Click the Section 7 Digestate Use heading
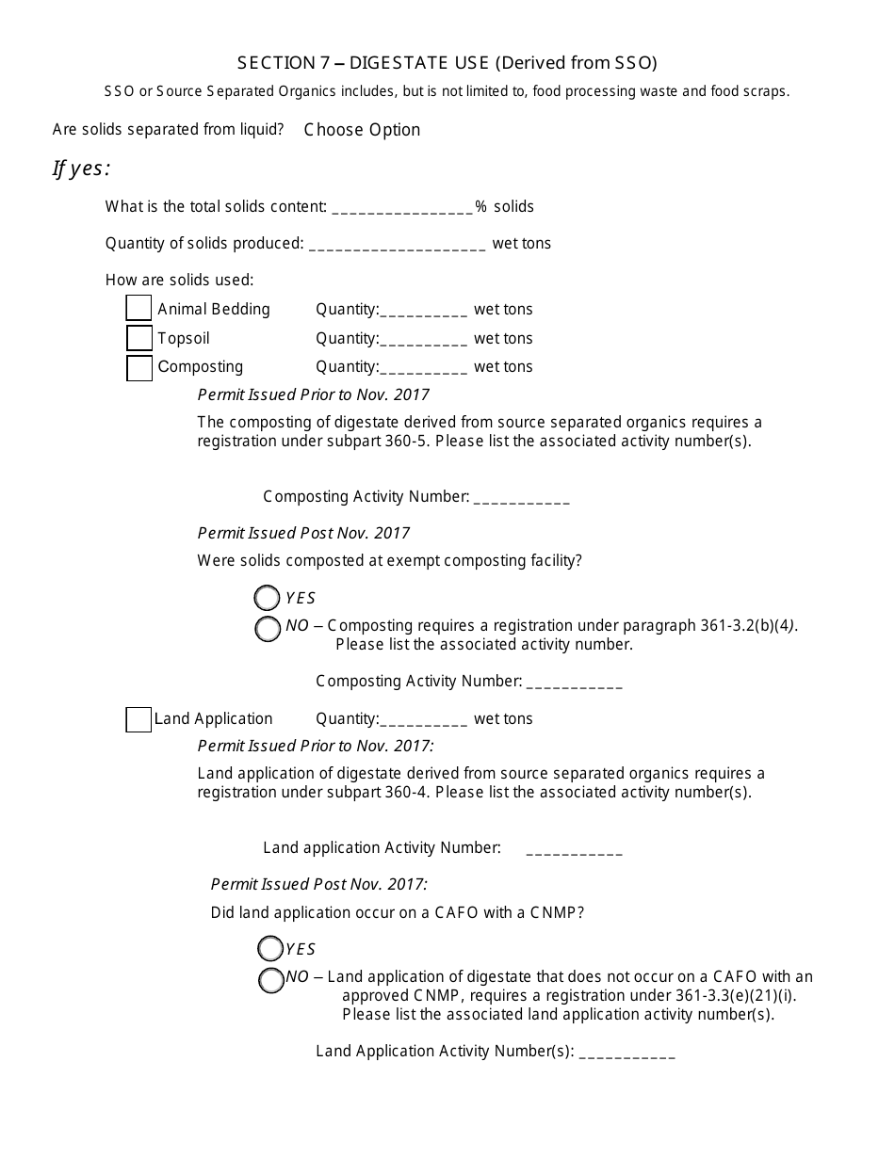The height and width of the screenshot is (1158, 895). tap(447, 63)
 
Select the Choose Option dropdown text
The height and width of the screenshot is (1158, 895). tap(362, 130)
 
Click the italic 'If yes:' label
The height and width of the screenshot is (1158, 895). tap(81, 169)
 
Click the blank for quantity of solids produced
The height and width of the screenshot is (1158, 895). tap(397, 245)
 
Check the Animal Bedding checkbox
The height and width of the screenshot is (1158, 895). tap(138, 309)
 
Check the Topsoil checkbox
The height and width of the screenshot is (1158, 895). tap(138, 338)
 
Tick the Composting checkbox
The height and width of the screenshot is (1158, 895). tap(138, 367)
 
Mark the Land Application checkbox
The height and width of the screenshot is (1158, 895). tap(138, 719)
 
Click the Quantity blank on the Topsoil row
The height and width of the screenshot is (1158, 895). tap(423, 340)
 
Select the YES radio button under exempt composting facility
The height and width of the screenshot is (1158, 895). tap(268, 598)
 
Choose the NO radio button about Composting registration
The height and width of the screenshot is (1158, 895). tap(268, 629)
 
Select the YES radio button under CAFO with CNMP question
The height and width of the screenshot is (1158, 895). tap(270, 949)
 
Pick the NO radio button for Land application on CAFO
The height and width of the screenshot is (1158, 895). tap(270, 980)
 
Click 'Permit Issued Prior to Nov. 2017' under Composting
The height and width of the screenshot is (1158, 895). tap(313, 394)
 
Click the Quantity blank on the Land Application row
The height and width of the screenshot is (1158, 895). tap(423, 720)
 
